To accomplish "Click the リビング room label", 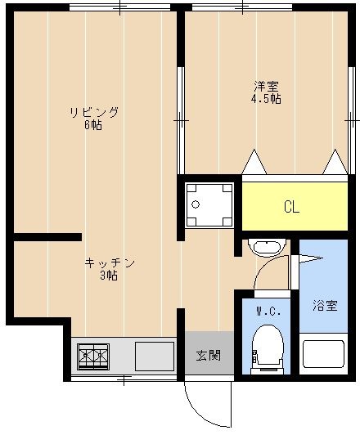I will tap(93, 113).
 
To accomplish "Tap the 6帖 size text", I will tap(93, 126).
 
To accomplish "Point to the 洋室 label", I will tap(265, 87).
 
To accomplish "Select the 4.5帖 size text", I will tap(265, 99).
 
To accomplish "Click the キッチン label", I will tap(109, 263).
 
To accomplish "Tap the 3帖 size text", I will tap(109, 276).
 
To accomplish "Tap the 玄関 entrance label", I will tap(208, 356).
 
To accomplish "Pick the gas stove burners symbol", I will tap(93, 357).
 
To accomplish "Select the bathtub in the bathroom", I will tap(325, 354).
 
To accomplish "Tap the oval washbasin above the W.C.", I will tap(266, 248).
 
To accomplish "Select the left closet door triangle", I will tap(254, 162).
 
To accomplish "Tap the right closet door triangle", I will tap(335, 162).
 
